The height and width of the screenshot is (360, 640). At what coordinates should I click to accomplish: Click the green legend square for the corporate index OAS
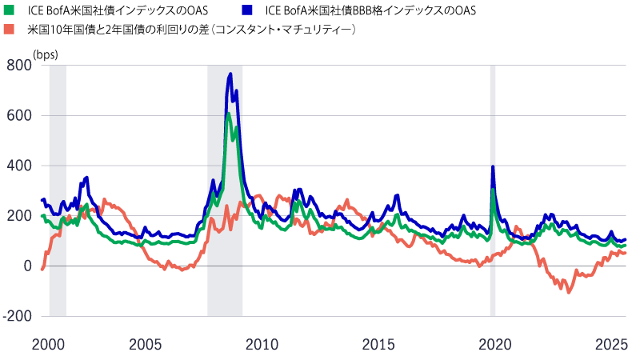click(x=9, y=10)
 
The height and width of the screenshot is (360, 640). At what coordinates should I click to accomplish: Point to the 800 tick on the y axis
click(x=20, y=66)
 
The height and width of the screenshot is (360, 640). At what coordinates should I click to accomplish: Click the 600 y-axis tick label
click(x=20, y=115)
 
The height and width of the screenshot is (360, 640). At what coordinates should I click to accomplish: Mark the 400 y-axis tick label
click(x=20, y=166)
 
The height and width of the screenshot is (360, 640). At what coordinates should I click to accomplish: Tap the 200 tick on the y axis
click(x=20, y=216)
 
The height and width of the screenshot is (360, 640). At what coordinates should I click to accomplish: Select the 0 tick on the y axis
click(x=26, y=266)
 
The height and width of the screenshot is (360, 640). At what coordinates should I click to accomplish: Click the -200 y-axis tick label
click(x=18, y=316)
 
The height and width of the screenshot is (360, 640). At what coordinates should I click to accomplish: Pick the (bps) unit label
click(x=46, y=54)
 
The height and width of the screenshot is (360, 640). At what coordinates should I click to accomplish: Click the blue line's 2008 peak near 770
click(x=230, y=74)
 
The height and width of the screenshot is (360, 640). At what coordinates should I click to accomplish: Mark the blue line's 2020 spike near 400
click(x=493, y=166)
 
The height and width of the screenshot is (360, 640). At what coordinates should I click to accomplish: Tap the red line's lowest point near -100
click(x=569, y=292)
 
